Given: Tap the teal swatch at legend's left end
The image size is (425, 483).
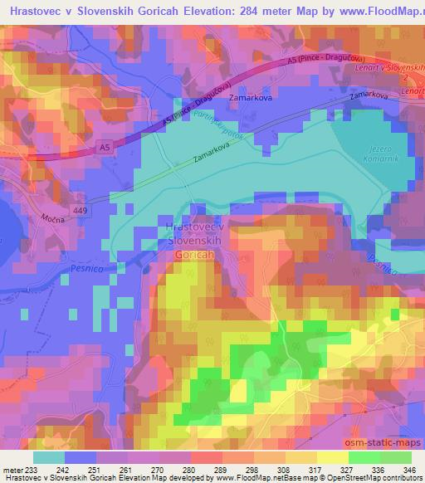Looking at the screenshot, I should coord(48,457).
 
